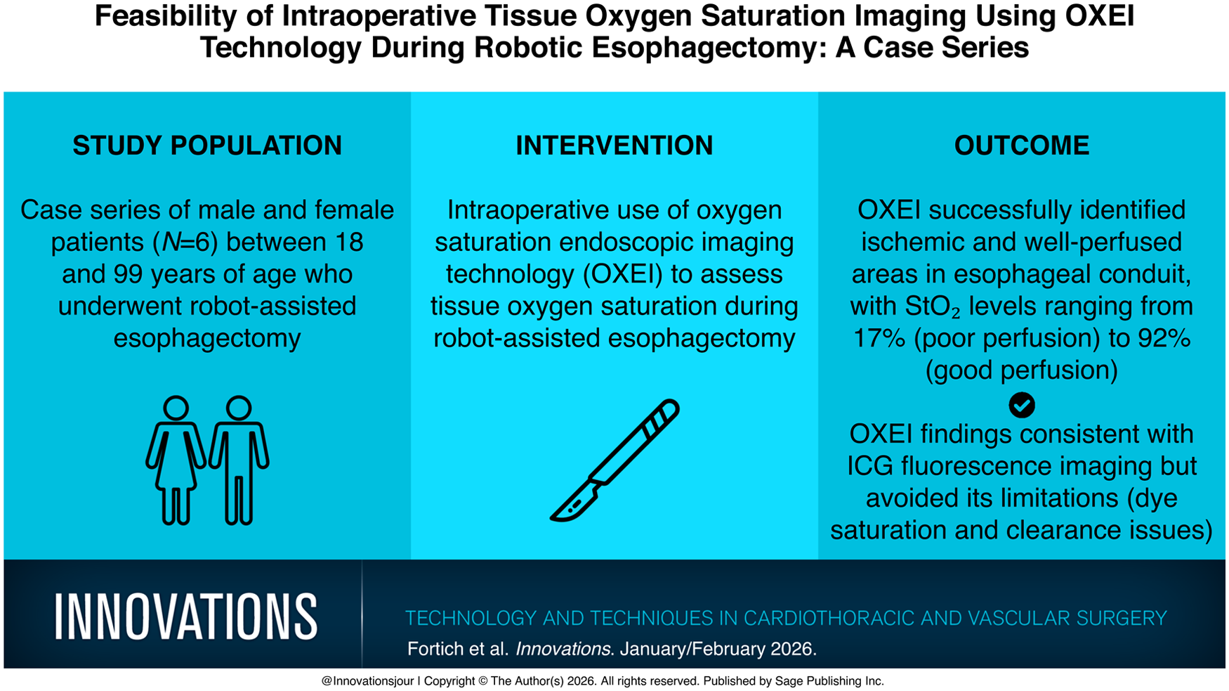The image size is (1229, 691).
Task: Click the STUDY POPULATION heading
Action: [x=207, y=146]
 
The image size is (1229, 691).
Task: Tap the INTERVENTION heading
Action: [x=614, y=146]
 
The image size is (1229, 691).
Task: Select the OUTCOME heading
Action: [x=1022, y=146]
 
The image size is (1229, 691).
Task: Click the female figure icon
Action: [x=176, y=460]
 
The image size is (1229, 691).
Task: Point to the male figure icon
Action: [x=239, y=460]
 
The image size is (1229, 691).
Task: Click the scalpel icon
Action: [x=615, y=460]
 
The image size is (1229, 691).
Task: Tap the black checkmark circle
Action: [x=1022, y=405]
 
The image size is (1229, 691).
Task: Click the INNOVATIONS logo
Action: [x=186, y=616]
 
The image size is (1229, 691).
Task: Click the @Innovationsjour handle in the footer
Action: [x=367, y=681]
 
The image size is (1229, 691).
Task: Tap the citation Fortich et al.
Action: [x=458, y=649]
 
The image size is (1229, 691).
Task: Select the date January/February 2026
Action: [x=718, y=649]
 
